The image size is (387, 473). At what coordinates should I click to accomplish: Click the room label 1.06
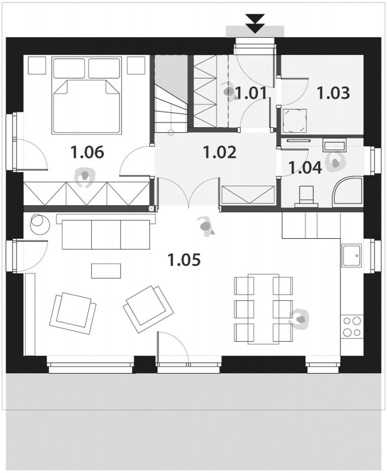coord(87,152)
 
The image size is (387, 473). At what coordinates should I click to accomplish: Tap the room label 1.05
coord(184,260)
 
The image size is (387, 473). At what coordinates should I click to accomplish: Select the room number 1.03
coord(333,93)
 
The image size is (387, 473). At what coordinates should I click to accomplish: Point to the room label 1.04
coord(305,168)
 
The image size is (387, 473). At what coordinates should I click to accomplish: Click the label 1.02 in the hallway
coord(220,153)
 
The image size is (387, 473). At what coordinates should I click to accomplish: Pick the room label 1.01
coord(251,93)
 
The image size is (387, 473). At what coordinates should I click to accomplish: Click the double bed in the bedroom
coord(87,96)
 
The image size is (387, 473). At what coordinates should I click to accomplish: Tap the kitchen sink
coord(351,255)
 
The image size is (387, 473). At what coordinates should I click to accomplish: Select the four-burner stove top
coord(352,326)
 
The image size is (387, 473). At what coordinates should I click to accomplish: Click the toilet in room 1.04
coord(306,197)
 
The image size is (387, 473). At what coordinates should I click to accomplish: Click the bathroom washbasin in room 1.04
coord(334,145)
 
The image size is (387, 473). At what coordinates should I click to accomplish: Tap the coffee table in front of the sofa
coord(107,271)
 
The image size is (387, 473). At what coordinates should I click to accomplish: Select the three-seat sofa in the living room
coord(106,232)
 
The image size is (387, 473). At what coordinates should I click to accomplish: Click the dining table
coord(263,309)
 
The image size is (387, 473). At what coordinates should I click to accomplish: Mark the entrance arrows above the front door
coord(256,23)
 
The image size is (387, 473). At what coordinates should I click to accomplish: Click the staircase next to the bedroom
coord(171,94)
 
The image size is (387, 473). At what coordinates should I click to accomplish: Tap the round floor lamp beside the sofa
coord(40,223)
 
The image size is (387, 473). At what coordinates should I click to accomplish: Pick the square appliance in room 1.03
coord(295,121)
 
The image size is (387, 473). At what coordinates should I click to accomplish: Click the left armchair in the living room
coord(73,313)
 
